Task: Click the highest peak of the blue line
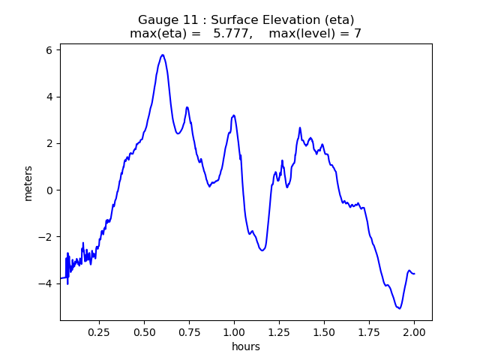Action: click(x=162, y=55)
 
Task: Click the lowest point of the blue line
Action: click(x=399, y=308)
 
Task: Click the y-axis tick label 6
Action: click(x=48, y=50)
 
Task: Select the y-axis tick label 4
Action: click(x=48, y=97)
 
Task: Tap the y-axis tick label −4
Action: click(x=45, y=283)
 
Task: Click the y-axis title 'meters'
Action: click(x=28, y=183)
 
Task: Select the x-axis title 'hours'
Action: click(x=246, y=346)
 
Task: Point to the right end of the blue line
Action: click(x=415, y=274)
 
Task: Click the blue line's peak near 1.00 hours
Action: click(x=234, y=115)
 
